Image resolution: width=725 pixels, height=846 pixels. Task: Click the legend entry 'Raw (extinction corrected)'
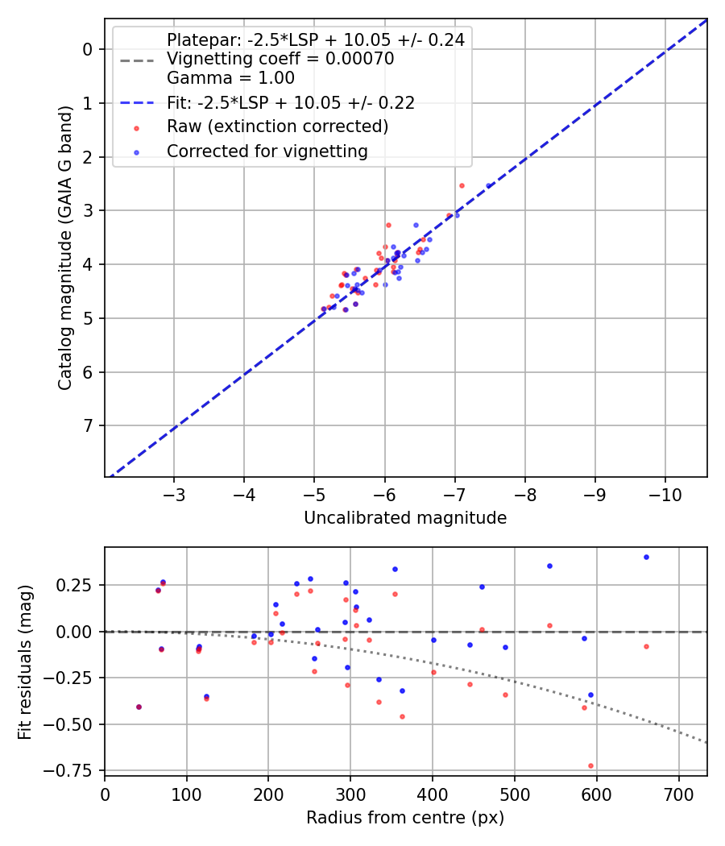277,126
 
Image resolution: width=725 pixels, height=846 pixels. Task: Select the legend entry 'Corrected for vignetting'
267,151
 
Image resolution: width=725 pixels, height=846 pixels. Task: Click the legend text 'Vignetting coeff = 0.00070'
280,59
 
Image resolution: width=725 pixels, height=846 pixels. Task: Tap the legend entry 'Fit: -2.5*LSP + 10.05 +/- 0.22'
290,102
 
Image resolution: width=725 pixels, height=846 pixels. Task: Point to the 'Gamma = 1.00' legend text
230,78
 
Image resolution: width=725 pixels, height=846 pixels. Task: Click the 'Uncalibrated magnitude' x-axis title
405,518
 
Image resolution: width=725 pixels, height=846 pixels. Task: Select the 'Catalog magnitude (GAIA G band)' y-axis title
65,247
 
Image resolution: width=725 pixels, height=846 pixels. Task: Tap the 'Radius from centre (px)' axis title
405,817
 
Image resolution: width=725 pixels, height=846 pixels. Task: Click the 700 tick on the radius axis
678,794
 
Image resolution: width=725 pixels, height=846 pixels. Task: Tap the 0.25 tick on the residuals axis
81,584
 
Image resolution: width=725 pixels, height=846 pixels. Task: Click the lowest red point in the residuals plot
590,765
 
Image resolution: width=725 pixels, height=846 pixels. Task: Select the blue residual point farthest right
646,557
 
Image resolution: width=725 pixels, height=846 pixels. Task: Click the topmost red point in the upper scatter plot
462,185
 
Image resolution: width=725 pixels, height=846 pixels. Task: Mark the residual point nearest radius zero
139,707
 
